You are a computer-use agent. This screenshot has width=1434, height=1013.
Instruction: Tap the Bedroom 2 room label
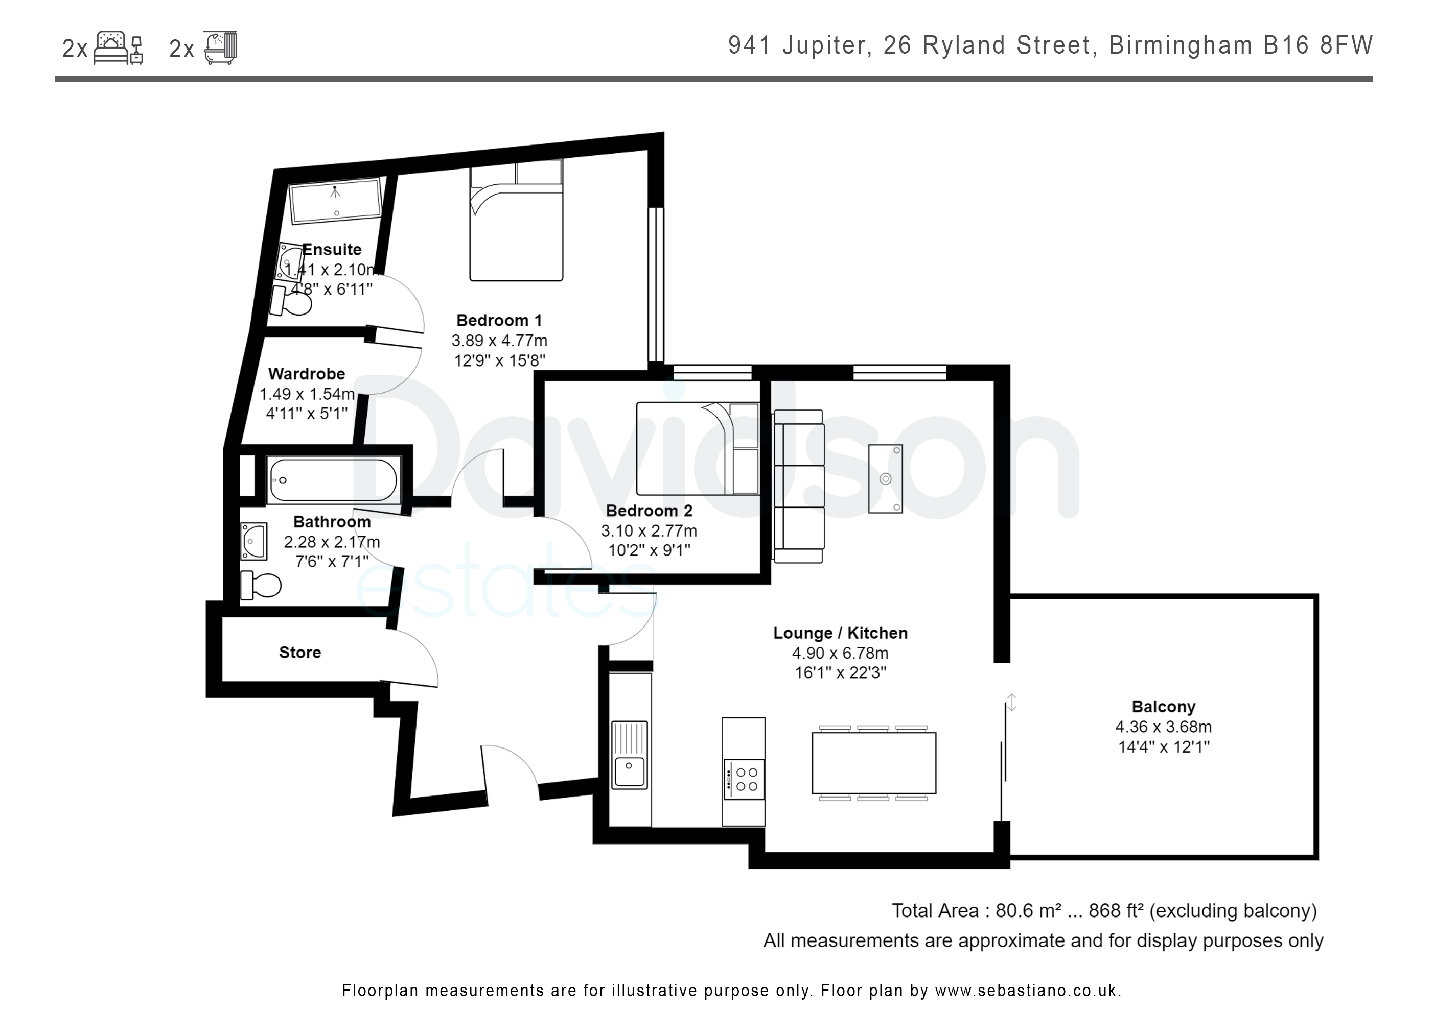coord(649,511)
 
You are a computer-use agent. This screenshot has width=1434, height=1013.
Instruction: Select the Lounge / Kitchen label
coord(840,633)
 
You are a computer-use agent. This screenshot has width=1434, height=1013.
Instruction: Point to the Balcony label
coord(1164,707)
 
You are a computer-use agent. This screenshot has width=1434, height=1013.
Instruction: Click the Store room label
coord(300,652)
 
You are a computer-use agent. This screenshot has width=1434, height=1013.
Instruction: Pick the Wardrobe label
coord(307,374)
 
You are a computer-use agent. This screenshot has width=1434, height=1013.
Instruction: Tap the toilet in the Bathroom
coord(261,584)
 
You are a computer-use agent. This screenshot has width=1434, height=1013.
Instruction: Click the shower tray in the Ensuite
coord(335,200)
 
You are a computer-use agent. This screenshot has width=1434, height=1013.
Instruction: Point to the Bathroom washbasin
coord(253,541)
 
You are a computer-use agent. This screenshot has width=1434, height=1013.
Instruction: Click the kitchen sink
coord(630,755)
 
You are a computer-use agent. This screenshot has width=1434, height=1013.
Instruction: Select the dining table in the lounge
coord(874,763)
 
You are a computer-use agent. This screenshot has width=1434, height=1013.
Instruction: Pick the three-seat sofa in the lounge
coord(799,486)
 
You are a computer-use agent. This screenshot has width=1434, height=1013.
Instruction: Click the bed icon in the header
coord(119,47)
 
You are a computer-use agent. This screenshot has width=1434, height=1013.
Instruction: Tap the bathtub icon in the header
coord(220,47)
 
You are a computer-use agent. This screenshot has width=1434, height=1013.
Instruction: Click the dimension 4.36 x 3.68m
coord(1164,727)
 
